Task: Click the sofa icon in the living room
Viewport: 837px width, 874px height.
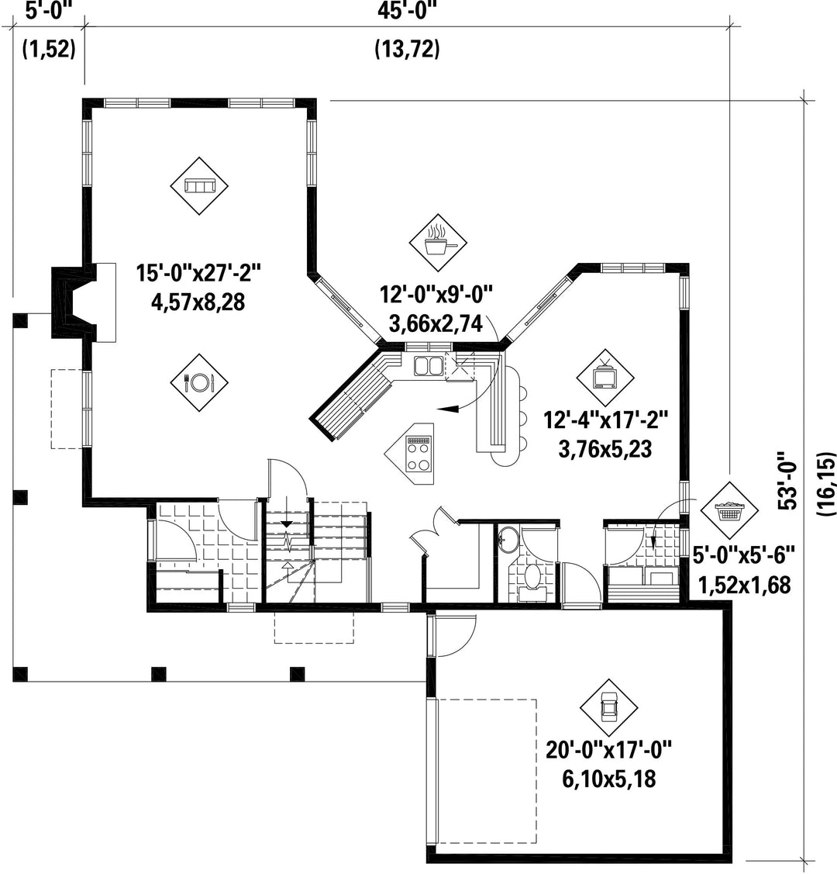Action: pos(199,186)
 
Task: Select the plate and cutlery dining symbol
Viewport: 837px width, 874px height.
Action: pos(199,382)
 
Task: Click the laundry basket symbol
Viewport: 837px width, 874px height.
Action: pos(729,510)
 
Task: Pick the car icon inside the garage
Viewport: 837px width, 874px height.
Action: pos(608,708)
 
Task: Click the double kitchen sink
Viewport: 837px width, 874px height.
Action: pos(428,366)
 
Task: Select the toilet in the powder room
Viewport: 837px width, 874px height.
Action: pos(532,577)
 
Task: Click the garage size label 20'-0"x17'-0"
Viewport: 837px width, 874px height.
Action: pos(608,750)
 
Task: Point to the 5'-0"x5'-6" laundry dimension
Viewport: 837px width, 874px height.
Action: pos(744,555)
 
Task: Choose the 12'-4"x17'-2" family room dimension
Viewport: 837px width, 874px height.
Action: pos(605,420)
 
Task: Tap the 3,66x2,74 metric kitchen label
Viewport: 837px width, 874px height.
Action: pos(436,323)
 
